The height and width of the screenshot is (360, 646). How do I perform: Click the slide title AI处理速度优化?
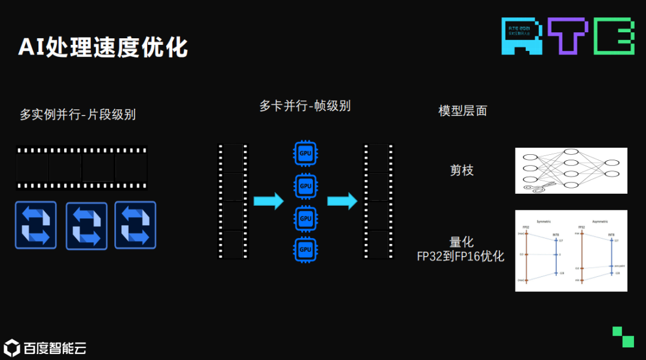(x=103, y=47)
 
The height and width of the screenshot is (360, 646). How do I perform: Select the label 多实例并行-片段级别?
(x=78, y=114)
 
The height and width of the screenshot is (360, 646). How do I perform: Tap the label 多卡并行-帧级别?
(x=305, y=106)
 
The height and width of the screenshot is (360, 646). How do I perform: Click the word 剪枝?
(x=462, y=170)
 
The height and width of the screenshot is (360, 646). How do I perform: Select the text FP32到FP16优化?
(x=461, y=257)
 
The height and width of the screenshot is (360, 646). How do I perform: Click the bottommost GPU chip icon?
(x=306, y=249)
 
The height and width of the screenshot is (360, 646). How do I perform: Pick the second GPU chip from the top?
(x=306, y=185)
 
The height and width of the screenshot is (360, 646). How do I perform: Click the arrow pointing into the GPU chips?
(x=269, y=201)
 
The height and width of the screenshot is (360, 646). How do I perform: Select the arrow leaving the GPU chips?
(x=342, y=201)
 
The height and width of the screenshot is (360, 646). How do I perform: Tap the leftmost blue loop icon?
(x=36, y=225)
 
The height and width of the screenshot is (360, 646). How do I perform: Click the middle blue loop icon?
(x=86, y=225)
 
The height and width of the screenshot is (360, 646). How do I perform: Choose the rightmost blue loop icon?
(x=135, y=225)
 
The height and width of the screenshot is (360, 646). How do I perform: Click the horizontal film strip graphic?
(x=81, y=168)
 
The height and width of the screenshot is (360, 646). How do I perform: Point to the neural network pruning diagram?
(x=571, y=170)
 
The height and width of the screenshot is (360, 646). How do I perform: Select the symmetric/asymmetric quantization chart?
(x=571, y=251)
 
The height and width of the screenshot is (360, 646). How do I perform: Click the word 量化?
(x=462, y=242)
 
